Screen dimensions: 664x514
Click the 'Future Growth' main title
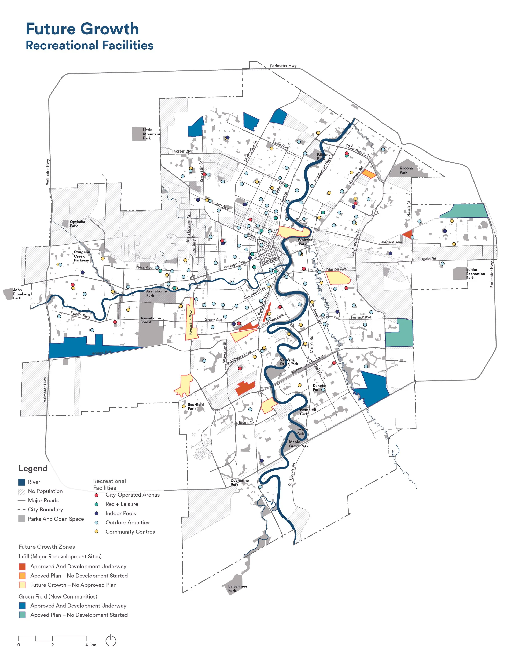tap(82, 29)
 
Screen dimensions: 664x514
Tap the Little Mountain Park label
tap(151, 134)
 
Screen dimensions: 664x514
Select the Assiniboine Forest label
tap(150, 320)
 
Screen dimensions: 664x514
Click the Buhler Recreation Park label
tap(475, 274)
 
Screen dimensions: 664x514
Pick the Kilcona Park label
tap(406, 170)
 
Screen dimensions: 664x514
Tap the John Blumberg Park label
tap(21, 294)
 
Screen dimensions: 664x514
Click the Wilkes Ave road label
tap(102, 353)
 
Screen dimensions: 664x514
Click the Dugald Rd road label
tap(427, 259)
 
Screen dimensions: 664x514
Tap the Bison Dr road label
tap(246, 423)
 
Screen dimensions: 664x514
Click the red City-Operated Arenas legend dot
tap(96, 495)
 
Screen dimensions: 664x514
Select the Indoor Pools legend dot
tap(96, 514)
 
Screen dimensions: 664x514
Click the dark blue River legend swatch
tap(22, 482)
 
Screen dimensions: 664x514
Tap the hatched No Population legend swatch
tap(22, 491)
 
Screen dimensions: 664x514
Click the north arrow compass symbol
tap(111, 641)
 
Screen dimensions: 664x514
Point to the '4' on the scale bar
tap(87, 645)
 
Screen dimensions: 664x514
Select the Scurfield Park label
tap(196, 406)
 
